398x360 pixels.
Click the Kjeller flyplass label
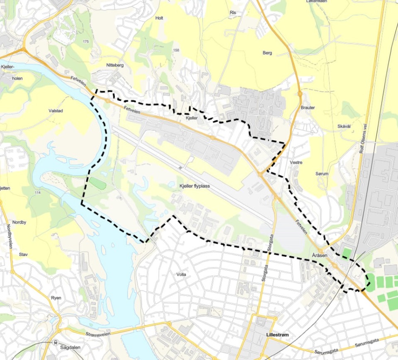tap(194, 186)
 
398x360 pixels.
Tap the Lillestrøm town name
tap(277, 335)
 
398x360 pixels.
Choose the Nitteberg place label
tap(115, 65)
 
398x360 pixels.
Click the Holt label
tap(159, 18)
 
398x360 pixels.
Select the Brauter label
tap(308, 108)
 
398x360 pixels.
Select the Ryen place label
tap(56, 298)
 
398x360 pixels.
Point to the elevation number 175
tap(86, 42)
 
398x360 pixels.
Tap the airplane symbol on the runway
tap(181, 168)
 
